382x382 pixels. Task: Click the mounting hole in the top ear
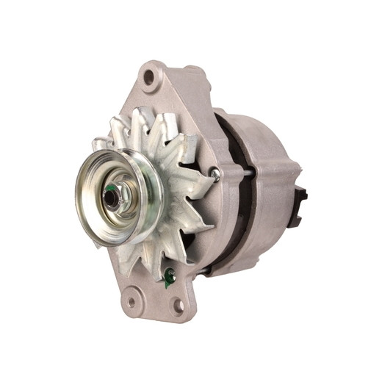click(150, 76)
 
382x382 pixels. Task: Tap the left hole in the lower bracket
click(132, 300)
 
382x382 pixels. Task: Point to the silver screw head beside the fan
click(214, 173)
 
